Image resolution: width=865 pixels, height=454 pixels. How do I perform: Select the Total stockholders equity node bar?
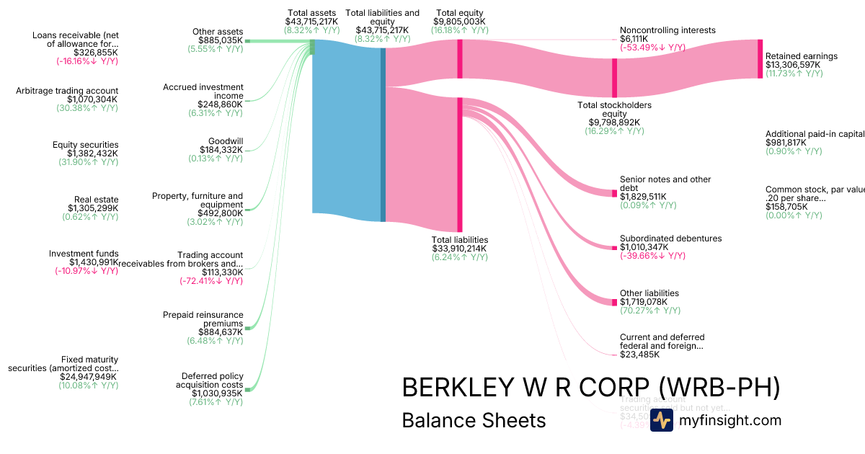coord(614,77)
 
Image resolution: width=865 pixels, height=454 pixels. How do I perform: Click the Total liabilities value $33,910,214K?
coord(460,249)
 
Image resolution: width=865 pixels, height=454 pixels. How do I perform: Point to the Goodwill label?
coord(226,141)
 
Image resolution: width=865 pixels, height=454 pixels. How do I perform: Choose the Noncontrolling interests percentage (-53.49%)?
coord(652,48)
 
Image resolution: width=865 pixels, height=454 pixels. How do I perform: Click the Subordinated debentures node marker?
coord(614,248)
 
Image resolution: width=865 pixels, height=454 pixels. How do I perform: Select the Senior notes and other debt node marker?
coord(614,192)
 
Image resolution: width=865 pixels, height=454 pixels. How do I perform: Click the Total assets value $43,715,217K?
coord(311,22)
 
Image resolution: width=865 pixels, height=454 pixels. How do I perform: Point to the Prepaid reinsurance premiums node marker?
coord(247,328)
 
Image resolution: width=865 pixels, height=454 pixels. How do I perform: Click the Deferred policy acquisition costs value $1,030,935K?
coord(217,393)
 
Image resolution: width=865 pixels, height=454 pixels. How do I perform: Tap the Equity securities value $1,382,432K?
coord(92,153)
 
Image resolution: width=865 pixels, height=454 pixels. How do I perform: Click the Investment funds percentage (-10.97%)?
coord(86,271)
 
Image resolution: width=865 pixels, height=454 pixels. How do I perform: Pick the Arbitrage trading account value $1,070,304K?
coord(92,99)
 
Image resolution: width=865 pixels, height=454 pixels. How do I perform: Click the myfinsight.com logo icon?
coord(661,420)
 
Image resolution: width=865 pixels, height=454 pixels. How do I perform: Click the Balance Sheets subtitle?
coord(474,420)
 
